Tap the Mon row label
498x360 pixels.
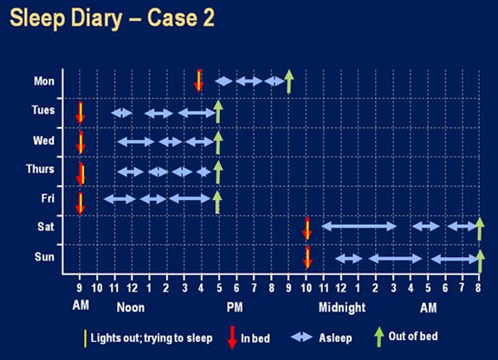click(43, 81)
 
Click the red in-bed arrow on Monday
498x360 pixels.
click(199, 80)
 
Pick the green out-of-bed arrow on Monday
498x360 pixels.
click(289, 80)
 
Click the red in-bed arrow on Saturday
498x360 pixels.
click(307, 228)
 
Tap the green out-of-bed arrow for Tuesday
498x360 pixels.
click(218, 111)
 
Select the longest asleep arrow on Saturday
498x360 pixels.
click(359, 227)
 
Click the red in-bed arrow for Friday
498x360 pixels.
click(81, 202)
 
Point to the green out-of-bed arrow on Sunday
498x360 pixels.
click(480, 258)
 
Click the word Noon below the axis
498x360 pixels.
click(131, 307)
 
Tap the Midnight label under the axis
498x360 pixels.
click(343, 307)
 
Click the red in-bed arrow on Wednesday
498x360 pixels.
click(81, 141)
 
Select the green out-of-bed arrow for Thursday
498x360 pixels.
click(218, 170)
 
